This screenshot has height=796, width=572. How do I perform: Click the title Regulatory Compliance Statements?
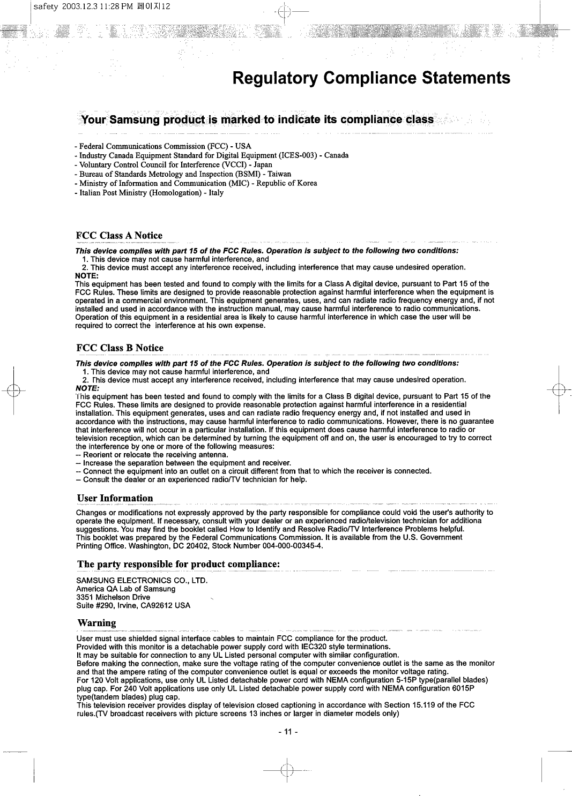[x=372, y=78]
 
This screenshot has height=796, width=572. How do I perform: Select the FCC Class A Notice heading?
[x=119, y=236]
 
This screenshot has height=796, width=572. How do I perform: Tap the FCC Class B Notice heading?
[x=120, y=348]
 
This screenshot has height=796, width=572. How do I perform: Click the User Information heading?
[x=115, y=499]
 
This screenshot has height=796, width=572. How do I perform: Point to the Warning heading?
[x=96, y=623]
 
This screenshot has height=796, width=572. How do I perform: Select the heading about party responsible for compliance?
[x=179, y=564]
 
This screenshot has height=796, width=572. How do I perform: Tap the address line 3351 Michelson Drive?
[x=113, y=597]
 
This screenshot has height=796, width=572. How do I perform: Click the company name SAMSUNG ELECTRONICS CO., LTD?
[x=142, y=581]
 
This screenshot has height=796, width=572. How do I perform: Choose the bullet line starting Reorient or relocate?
[x=148, y=455]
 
